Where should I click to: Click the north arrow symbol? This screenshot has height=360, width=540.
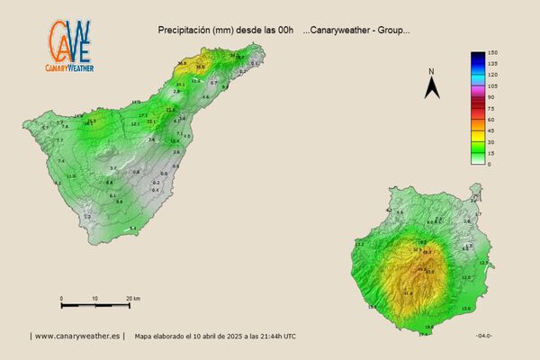432,87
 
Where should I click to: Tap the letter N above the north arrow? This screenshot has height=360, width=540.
432,71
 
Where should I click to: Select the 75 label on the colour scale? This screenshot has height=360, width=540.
492,108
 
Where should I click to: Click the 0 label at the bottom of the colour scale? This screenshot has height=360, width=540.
490,164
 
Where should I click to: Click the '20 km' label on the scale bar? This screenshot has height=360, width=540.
133,298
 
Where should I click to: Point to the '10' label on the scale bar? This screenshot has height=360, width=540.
94,298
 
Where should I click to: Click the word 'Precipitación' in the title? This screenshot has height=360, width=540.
182,30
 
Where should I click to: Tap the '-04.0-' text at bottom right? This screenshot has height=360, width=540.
483,336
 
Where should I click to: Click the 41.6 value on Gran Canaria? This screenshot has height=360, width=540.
407,292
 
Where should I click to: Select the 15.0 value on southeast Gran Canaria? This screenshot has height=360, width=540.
465,308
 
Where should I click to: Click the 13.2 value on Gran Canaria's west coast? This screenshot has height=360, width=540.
360,244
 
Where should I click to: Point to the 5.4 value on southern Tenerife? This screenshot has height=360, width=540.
133,229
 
